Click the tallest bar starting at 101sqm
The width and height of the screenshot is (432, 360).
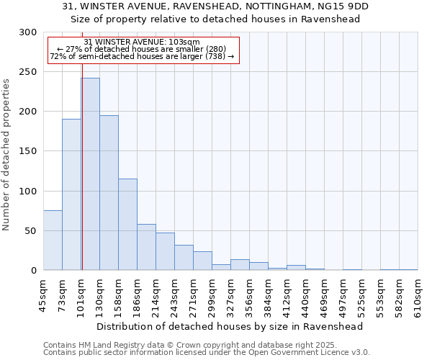click(x=90, y=174)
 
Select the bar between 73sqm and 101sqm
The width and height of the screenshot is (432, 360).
click(x=71, y=194)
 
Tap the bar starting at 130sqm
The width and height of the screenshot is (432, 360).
click(x=109, y=192)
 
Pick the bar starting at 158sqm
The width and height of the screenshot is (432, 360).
click(x=127, y=224)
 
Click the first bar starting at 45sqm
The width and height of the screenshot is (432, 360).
click(x=53, y=240)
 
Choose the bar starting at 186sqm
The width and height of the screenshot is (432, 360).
click(x=146, y=247)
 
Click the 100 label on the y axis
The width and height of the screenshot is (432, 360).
click(x=27, y=192)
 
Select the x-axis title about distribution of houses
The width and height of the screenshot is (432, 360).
click(x=229, y=326)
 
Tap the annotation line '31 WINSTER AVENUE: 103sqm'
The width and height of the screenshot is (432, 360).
click(x=142, y=42)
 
